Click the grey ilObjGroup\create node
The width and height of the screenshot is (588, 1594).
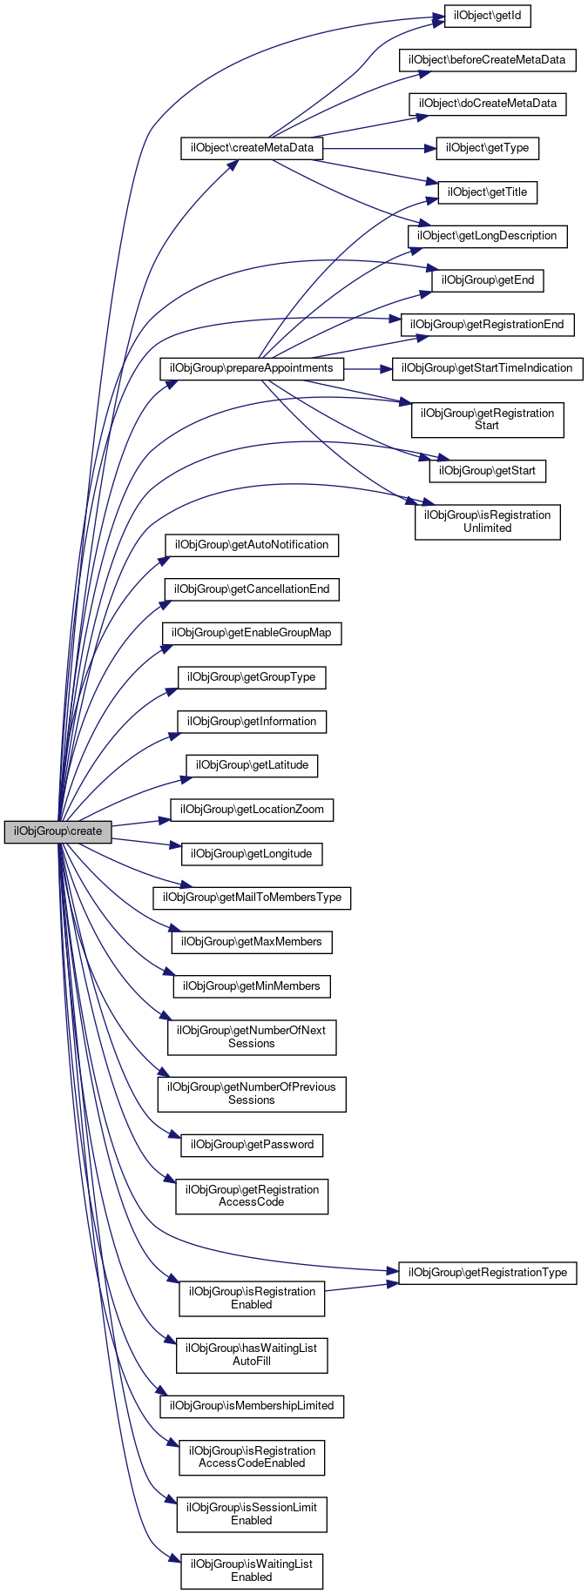click(x=57, y=831)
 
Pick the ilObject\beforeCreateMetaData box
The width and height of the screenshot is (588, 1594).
click(x=488, y=60)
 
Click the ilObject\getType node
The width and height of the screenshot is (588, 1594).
click(x=487, y=148)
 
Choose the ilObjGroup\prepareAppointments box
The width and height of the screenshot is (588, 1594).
click(x=252, y=368)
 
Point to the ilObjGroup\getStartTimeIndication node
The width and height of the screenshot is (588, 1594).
click(x=487, y=368)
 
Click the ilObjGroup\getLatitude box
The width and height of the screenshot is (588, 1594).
click(x=252, y=765)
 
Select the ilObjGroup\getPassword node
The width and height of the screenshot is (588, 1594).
click(x=252, y=1145)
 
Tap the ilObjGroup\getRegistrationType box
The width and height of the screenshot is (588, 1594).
click(x=487, y=1273)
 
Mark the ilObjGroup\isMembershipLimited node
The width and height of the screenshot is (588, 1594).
click(x=252, y=1406)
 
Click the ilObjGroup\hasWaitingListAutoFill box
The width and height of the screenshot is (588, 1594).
click(x=252, y=1355)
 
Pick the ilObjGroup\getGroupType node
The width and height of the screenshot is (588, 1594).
click(x=252, y=677)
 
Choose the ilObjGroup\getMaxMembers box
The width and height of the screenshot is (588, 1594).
click(x=252, y=942)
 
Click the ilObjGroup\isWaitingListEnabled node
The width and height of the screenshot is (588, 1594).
click(x=252, y=1570)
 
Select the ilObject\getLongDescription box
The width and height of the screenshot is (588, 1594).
click(x=487, y=236)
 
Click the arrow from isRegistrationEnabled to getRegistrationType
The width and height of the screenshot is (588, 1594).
click(x=361, y=1287)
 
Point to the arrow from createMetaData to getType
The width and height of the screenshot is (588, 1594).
click(x=379, y=148)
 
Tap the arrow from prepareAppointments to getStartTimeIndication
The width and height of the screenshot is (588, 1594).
click(x=368, y=368)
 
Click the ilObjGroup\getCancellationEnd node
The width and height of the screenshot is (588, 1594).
click(x=252, y=589)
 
